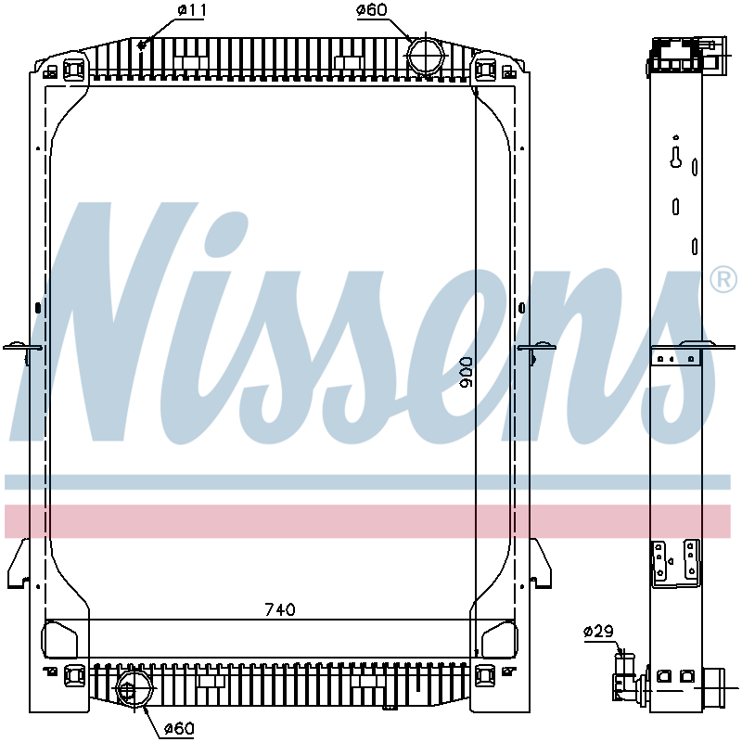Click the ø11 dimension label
click(191, 10)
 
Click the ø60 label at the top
click(372, 10)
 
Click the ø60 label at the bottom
click(178, 728)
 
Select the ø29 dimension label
click(598, 632)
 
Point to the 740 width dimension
click(280, 609)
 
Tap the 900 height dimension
click(467, 372)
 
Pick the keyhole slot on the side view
click(676, 157)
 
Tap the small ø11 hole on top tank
click(141, 44)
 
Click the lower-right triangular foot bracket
click(541, 565)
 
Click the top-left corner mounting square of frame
click(74, 68)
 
